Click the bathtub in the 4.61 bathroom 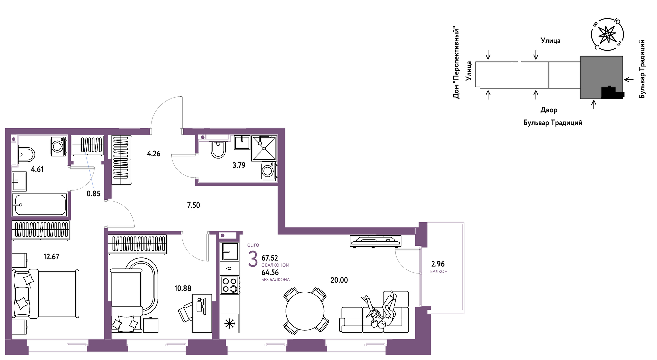[39, 205]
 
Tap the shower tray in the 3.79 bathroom [264, 148]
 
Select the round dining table [305, 311]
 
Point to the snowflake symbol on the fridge [230, 323]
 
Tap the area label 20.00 [339, 280]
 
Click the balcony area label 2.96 [438, 264]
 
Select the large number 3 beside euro [253, 259]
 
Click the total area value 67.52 [270, 258]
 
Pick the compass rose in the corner [607, 35]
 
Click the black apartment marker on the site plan [612, 92]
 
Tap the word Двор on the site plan [549, 110]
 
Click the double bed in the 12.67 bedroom [46, 294]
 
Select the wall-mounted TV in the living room [376, 241]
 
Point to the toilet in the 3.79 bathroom [218, 149]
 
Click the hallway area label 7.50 [193, 205]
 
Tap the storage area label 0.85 [93, 194]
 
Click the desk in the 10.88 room [202, 313]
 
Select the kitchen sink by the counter [230, 251]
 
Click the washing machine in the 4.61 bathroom [58, 146]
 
